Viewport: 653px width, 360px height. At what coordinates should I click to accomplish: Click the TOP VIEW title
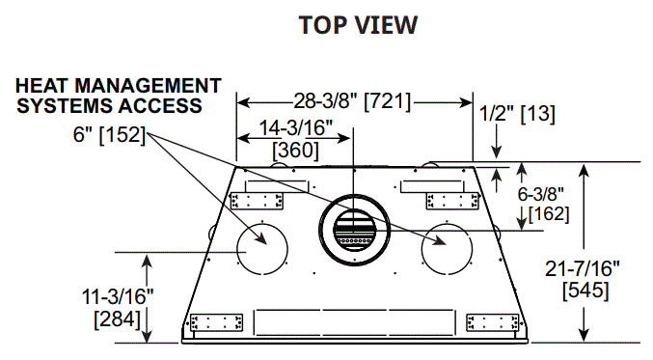358,25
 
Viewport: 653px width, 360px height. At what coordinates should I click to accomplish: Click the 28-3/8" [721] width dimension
352,101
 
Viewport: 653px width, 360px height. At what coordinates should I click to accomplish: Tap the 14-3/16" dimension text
296,127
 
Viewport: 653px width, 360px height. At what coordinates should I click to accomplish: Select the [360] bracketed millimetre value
295,151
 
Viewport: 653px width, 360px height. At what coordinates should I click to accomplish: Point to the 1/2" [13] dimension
517,113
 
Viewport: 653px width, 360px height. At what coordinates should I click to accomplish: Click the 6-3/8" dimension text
540,194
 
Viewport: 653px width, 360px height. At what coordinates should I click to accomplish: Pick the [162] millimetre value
549,213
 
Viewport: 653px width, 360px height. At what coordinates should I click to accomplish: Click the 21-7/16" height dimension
583,268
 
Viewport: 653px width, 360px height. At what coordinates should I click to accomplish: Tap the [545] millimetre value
585,291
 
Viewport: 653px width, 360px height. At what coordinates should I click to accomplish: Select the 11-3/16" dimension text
118,296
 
